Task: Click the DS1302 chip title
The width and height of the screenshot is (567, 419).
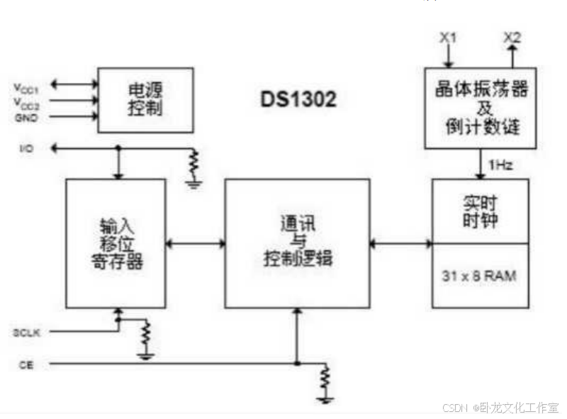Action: tap(297, 99)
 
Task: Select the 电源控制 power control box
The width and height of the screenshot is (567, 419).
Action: tap(145, 99)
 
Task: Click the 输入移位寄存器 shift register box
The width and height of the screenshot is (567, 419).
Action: tap(116, 243)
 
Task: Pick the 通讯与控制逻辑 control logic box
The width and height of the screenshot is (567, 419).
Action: tap(297, 243)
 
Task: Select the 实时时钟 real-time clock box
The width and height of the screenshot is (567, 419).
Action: tap(480, 211)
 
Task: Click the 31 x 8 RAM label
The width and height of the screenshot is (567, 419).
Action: tap(480, 275)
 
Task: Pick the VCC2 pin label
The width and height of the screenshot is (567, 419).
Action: tap(26, 102)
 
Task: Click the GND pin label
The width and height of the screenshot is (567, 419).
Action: tap(26, 118)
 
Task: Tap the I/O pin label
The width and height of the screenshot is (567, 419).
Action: tap(26, 149)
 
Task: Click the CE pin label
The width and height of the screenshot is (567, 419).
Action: tap(23, 364)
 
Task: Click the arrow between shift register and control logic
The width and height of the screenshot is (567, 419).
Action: tap(195, 243)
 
